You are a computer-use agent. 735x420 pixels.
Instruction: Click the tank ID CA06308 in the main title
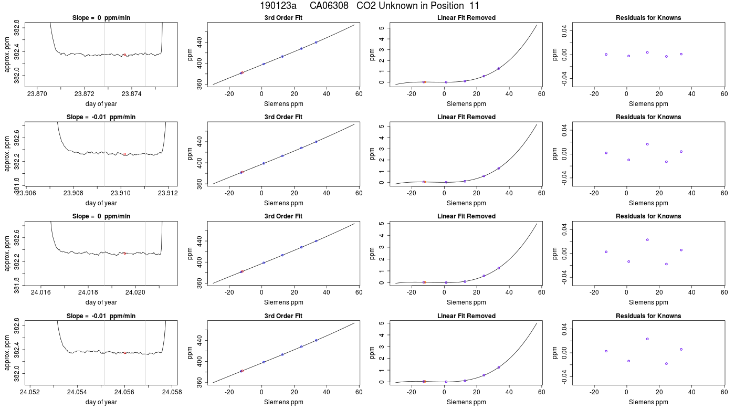pos(329,6)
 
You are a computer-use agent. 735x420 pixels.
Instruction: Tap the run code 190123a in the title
pos(278,6)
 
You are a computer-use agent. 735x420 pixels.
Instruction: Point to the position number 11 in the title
pos(475,6)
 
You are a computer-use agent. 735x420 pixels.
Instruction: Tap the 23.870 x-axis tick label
pos(37,94)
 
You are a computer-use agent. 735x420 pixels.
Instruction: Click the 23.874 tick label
pos(132,94)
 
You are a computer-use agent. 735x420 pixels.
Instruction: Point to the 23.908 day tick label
pos(73,193)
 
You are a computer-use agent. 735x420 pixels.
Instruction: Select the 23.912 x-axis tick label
pos(168,193)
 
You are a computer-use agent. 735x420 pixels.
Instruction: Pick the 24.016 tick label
pos(41,292)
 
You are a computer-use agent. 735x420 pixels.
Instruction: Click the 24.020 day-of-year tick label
pos(135,292)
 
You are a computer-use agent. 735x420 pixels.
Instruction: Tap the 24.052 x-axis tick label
pos(30,392)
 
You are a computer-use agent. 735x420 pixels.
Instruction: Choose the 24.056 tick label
pos(125,392)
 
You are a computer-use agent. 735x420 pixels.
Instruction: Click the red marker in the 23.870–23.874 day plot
pos(125,55)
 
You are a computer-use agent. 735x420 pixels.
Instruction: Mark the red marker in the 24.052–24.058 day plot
pos(125,353)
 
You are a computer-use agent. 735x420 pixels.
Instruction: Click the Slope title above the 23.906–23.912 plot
pos(101,117)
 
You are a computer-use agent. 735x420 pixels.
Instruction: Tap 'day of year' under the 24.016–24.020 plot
pos(101,302)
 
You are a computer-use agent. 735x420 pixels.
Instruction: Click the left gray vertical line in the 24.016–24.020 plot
pos(104,253)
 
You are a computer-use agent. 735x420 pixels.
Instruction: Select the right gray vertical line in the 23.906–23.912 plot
pos(145,154)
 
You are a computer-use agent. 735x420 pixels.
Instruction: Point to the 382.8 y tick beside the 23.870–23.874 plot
pos(17,27)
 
